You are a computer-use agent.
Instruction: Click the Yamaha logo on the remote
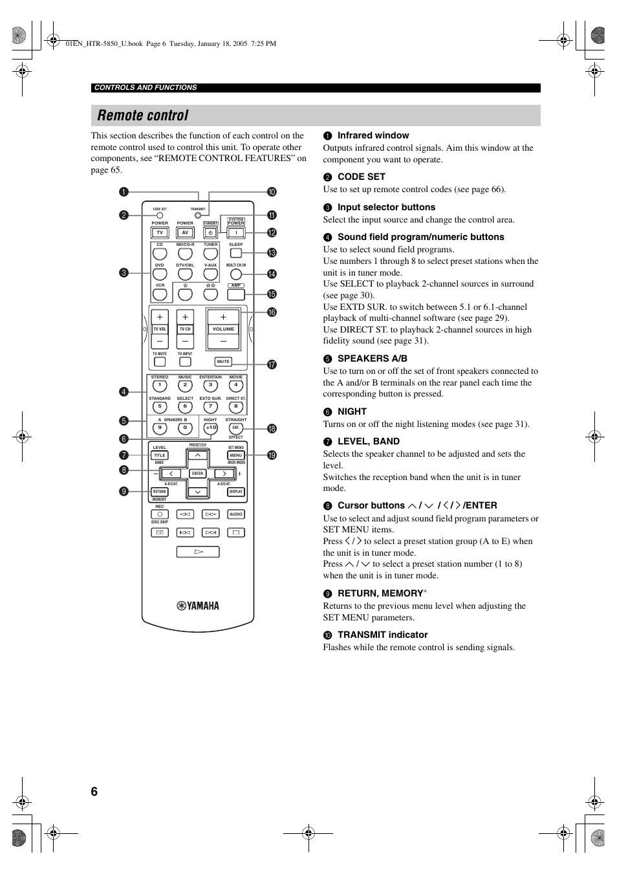(x=198, y=606)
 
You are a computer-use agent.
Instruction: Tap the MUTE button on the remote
(x=223, y=362)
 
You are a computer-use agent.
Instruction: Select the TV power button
(x=160, y=233)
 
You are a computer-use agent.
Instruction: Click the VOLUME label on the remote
(x=223, y=329)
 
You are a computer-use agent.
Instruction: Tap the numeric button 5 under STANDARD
(x=160, y=407)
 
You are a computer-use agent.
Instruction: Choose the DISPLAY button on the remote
(x=236, y=492)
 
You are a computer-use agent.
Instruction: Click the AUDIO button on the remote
(x=236, y=514)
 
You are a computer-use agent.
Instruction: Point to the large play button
(x=198, y=552)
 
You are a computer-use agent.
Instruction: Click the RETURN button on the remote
(x=160, y=492)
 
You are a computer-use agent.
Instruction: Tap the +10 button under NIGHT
(x=211, y=428)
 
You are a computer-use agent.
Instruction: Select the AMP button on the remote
(x=236, y=294)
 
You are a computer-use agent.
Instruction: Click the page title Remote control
(x=143, y=116)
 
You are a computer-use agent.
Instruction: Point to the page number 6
(x=94, y=792)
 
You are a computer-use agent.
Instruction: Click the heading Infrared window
(x=373, y=135)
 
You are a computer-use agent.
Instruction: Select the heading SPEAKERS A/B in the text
(x=373, y=358)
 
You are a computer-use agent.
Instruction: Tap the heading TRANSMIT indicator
(x=382, y=635)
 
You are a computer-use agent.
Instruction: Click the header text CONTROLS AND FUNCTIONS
(x=146, y=87)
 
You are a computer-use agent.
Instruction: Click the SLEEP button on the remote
(x=236, y=253)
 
